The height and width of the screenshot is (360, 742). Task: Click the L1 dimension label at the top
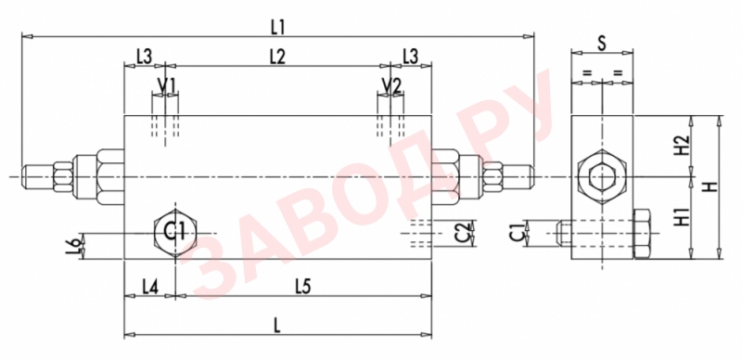[277, 28]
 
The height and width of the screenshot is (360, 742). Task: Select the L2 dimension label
[277, 57]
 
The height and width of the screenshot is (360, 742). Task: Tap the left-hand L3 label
[144, 57]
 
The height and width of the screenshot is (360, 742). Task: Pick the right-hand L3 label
[410, 57]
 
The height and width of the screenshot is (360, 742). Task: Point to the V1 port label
[166, 85]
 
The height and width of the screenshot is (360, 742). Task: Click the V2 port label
[391, 85]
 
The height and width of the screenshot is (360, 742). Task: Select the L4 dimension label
[150, 287]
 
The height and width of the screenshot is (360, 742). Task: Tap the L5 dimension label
[303, 287]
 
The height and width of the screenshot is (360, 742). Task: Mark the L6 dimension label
[72, 245]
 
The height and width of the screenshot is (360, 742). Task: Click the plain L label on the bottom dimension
[277, 327]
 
